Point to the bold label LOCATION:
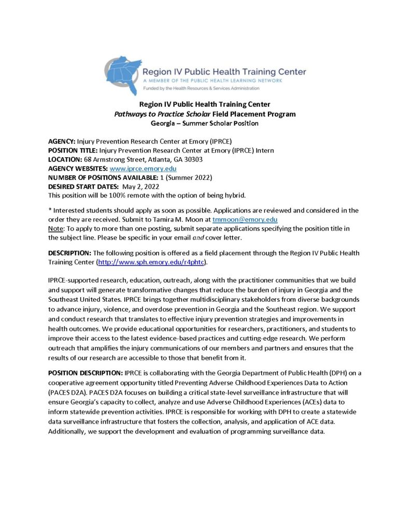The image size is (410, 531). point(67,160)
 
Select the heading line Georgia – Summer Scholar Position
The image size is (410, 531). point(204,123)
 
